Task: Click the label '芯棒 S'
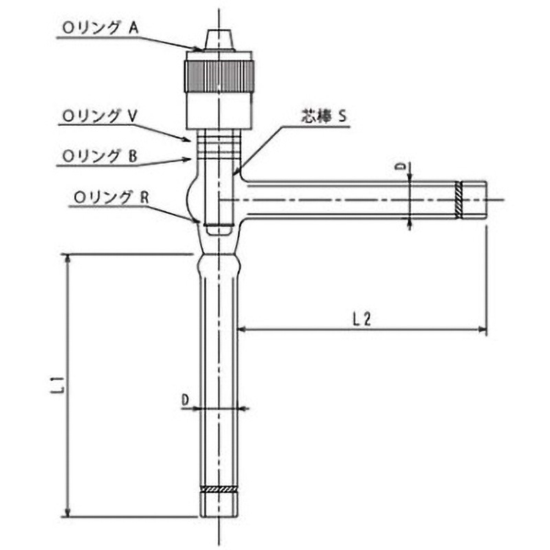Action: pos(326,117)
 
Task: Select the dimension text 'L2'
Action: pos(362,318)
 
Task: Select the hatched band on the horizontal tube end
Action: pos(459,199)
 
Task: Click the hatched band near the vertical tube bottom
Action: pos(219,489)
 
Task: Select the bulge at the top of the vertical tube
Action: pos(219,264)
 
